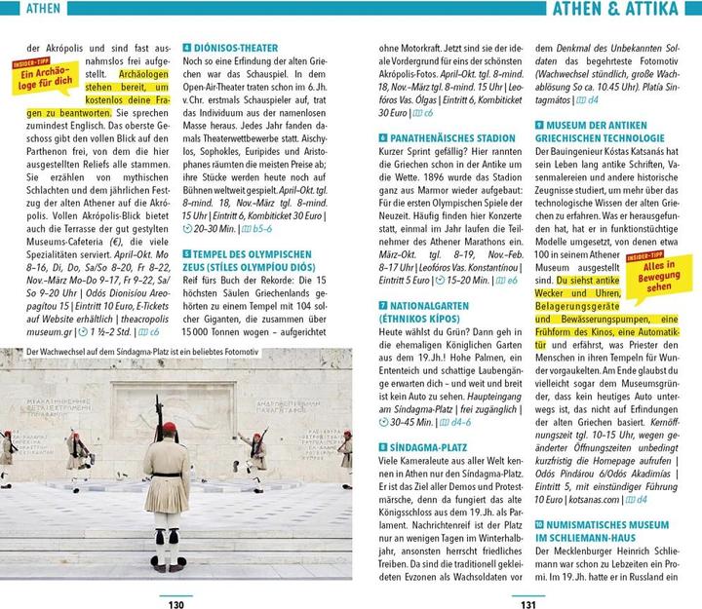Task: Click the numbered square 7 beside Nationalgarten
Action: [x=381, y=305]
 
